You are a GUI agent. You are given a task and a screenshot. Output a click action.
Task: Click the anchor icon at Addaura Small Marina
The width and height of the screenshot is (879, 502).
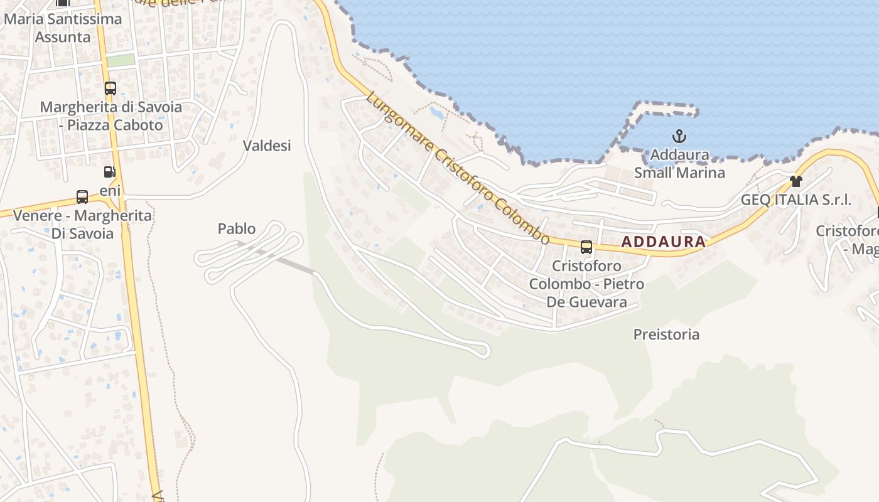click(x=679, y=136)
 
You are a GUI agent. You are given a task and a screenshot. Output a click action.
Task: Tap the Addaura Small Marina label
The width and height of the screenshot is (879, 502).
click(x=679, y=164)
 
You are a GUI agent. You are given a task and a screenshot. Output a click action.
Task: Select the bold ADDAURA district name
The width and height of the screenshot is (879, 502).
click(x=664, y=242)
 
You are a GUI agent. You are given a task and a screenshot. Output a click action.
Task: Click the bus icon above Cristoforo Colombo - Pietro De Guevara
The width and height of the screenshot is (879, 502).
click(x=586, y=247)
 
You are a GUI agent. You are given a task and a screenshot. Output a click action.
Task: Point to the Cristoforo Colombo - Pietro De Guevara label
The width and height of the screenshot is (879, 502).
click(x=586, y=284)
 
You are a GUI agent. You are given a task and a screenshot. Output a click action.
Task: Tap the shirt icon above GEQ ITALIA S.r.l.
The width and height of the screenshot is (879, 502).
click(x=796, y=182)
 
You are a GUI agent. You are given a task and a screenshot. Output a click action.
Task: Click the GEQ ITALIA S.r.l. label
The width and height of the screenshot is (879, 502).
click(x=796, y=200)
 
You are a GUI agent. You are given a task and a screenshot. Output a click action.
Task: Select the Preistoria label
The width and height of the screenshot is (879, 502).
click(x=666, y=334)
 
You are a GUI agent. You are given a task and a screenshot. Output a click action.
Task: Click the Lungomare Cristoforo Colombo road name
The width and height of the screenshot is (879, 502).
click(x=458, y=168)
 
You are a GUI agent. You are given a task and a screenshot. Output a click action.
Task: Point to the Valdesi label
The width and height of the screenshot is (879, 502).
click(x=267, y=146)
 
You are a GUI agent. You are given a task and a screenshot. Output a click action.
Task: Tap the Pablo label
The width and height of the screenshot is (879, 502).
click(x=237, y=228)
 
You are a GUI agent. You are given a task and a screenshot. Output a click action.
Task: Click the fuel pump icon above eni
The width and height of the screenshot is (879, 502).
click(x=110, y=172)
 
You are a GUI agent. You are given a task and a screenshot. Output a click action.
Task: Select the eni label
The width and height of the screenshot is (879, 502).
click(x=110, y=190)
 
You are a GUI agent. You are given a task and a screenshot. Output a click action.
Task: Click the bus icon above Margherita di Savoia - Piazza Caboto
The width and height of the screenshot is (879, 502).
click(x=111, y=88)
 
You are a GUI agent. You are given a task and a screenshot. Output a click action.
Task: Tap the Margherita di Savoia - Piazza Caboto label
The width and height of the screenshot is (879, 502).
click(x=111, y=116)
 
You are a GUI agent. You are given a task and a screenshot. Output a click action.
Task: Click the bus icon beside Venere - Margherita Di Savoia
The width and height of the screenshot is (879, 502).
click(x=82, y=197)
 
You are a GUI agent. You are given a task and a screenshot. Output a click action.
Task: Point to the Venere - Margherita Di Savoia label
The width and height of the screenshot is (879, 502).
click(x=82, y=225)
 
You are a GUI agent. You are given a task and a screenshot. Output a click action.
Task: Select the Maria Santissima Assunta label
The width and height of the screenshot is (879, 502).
click(x=63, y=28)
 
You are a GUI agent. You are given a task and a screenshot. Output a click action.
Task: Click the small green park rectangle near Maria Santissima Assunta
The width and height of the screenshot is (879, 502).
click(x=121, y=60)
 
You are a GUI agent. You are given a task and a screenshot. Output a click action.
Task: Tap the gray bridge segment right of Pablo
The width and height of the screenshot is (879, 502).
click(x=289, y=262)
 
